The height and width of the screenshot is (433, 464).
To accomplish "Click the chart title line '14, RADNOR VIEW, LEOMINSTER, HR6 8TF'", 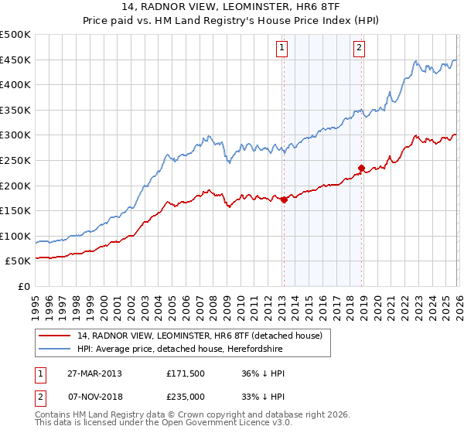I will click(232, 7).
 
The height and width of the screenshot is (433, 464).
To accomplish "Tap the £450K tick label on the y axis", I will click(15, 60).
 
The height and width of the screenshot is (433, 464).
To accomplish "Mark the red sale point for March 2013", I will click(284, 199).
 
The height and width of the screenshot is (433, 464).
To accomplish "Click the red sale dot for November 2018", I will click(361, 167).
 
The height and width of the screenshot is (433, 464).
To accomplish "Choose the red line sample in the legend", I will click(55, 336).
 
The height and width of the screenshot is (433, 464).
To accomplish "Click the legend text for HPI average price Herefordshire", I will click(180, 349).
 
